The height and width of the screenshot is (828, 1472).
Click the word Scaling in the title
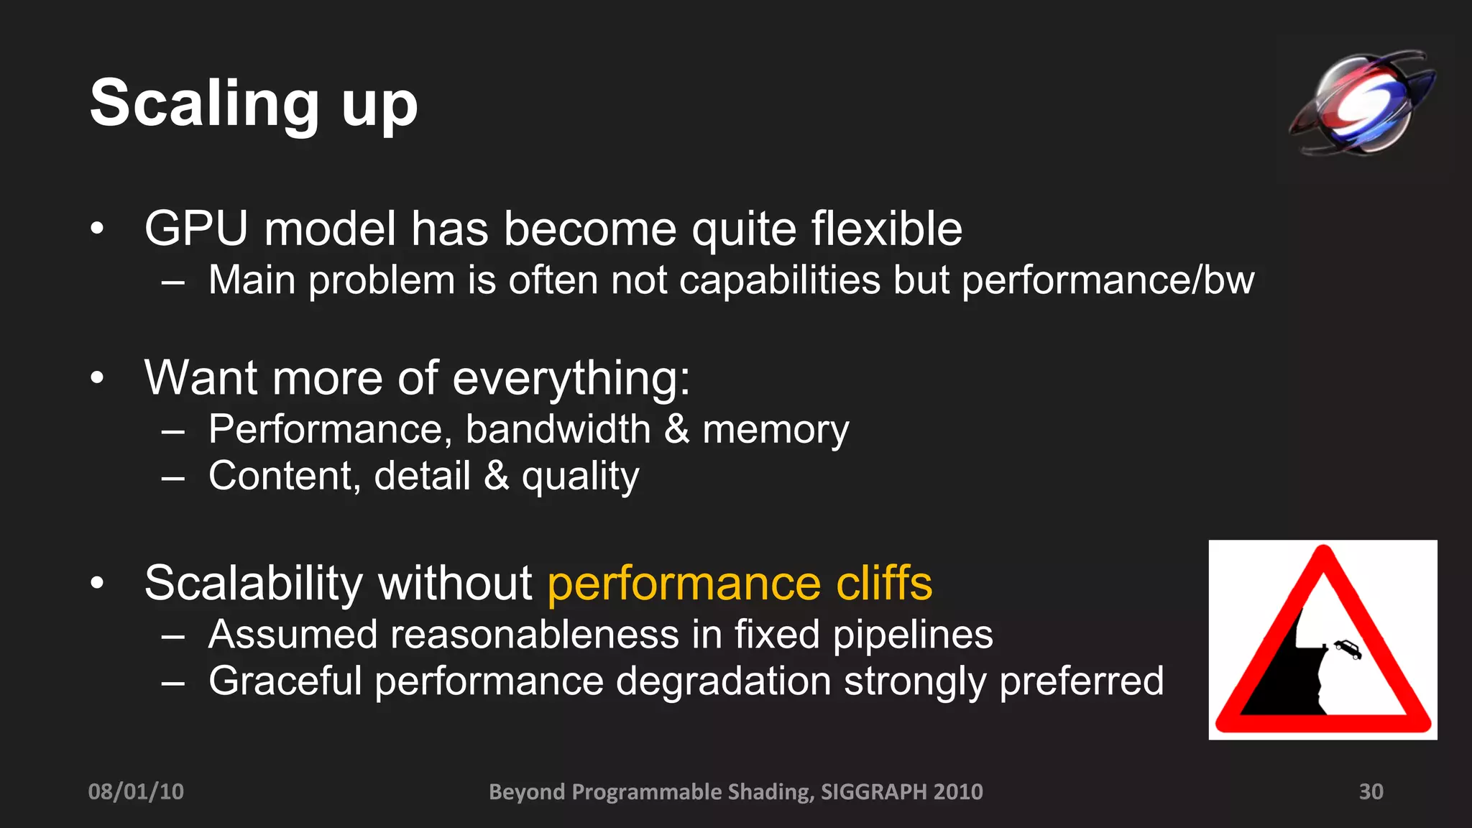204,105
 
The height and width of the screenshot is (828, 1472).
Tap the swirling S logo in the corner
1362,102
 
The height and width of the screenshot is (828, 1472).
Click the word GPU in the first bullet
195,229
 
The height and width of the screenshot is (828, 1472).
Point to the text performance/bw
1108,280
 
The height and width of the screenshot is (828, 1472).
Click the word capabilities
779,280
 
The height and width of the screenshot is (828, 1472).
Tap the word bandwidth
558,430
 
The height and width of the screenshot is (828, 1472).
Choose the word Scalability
254,583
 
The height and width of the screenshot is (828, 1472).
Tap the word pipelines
913,636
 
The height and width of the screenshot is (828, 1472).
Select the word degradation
723,681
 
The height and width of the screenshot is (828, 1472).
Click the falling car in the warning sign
1348,649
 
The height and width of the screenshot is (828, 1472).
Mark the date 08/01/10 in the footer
136,791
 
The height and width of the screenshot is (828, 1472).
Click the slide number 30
1371,791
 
